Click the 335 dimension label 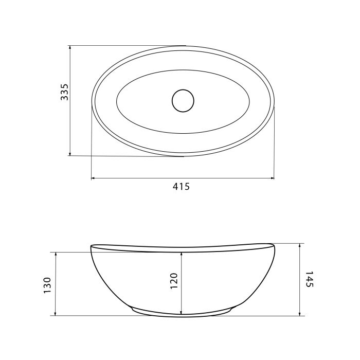tap(64, 92)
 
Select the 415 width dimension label tap(182, 186)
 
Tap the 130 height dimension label tap(47, 285)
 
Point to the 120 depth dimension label tap(174, 281)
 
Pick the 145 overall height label tap(309, 279)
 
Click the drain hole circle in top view tap(183, 101)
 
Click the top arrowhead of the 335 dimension tap(70, 47)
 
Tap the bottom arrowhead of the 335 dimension tap(70, 154)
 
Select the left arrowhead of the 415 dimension tap(93, 178)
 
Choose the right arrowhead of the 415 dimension tap(272, 178)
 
